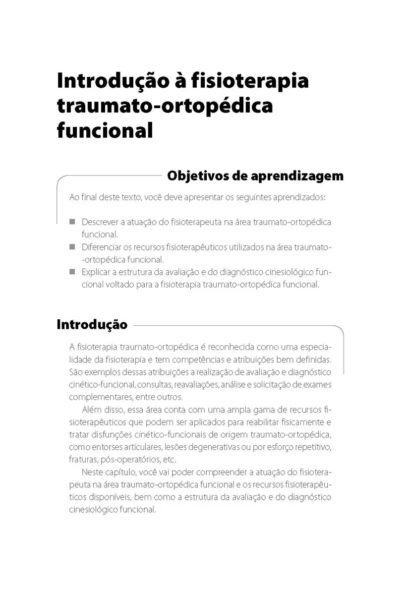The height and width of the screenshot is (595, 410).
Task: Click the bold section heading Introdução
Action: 92,325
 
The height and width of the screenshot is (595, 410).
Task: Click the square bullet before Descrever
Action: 72,222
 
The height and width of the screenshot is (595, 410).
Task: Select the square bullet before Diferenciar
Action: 72,246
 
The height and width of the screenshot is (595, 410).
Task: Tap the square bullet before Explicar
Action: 72,272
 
